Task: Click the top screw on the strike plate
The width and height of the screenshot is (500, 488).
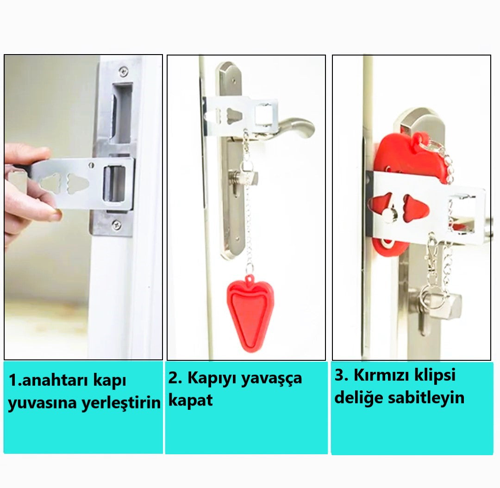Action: [124, 72]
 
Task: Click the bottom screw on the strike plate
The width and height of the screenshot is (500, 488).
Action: [116, 224]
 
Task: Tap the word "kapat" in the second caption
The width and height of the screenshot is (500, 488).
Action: [190, 400]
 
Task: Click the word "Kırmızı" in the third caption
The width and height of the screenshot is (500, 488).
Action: [381, 375]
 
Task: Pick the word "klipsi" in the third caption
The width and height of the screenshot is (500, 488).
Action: [435, 376]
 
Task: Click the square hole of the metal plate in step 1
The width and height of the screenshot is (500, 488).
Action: [114, 183]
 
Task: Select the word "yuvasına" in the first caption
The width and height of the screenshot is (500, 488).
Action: [43, 403]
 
